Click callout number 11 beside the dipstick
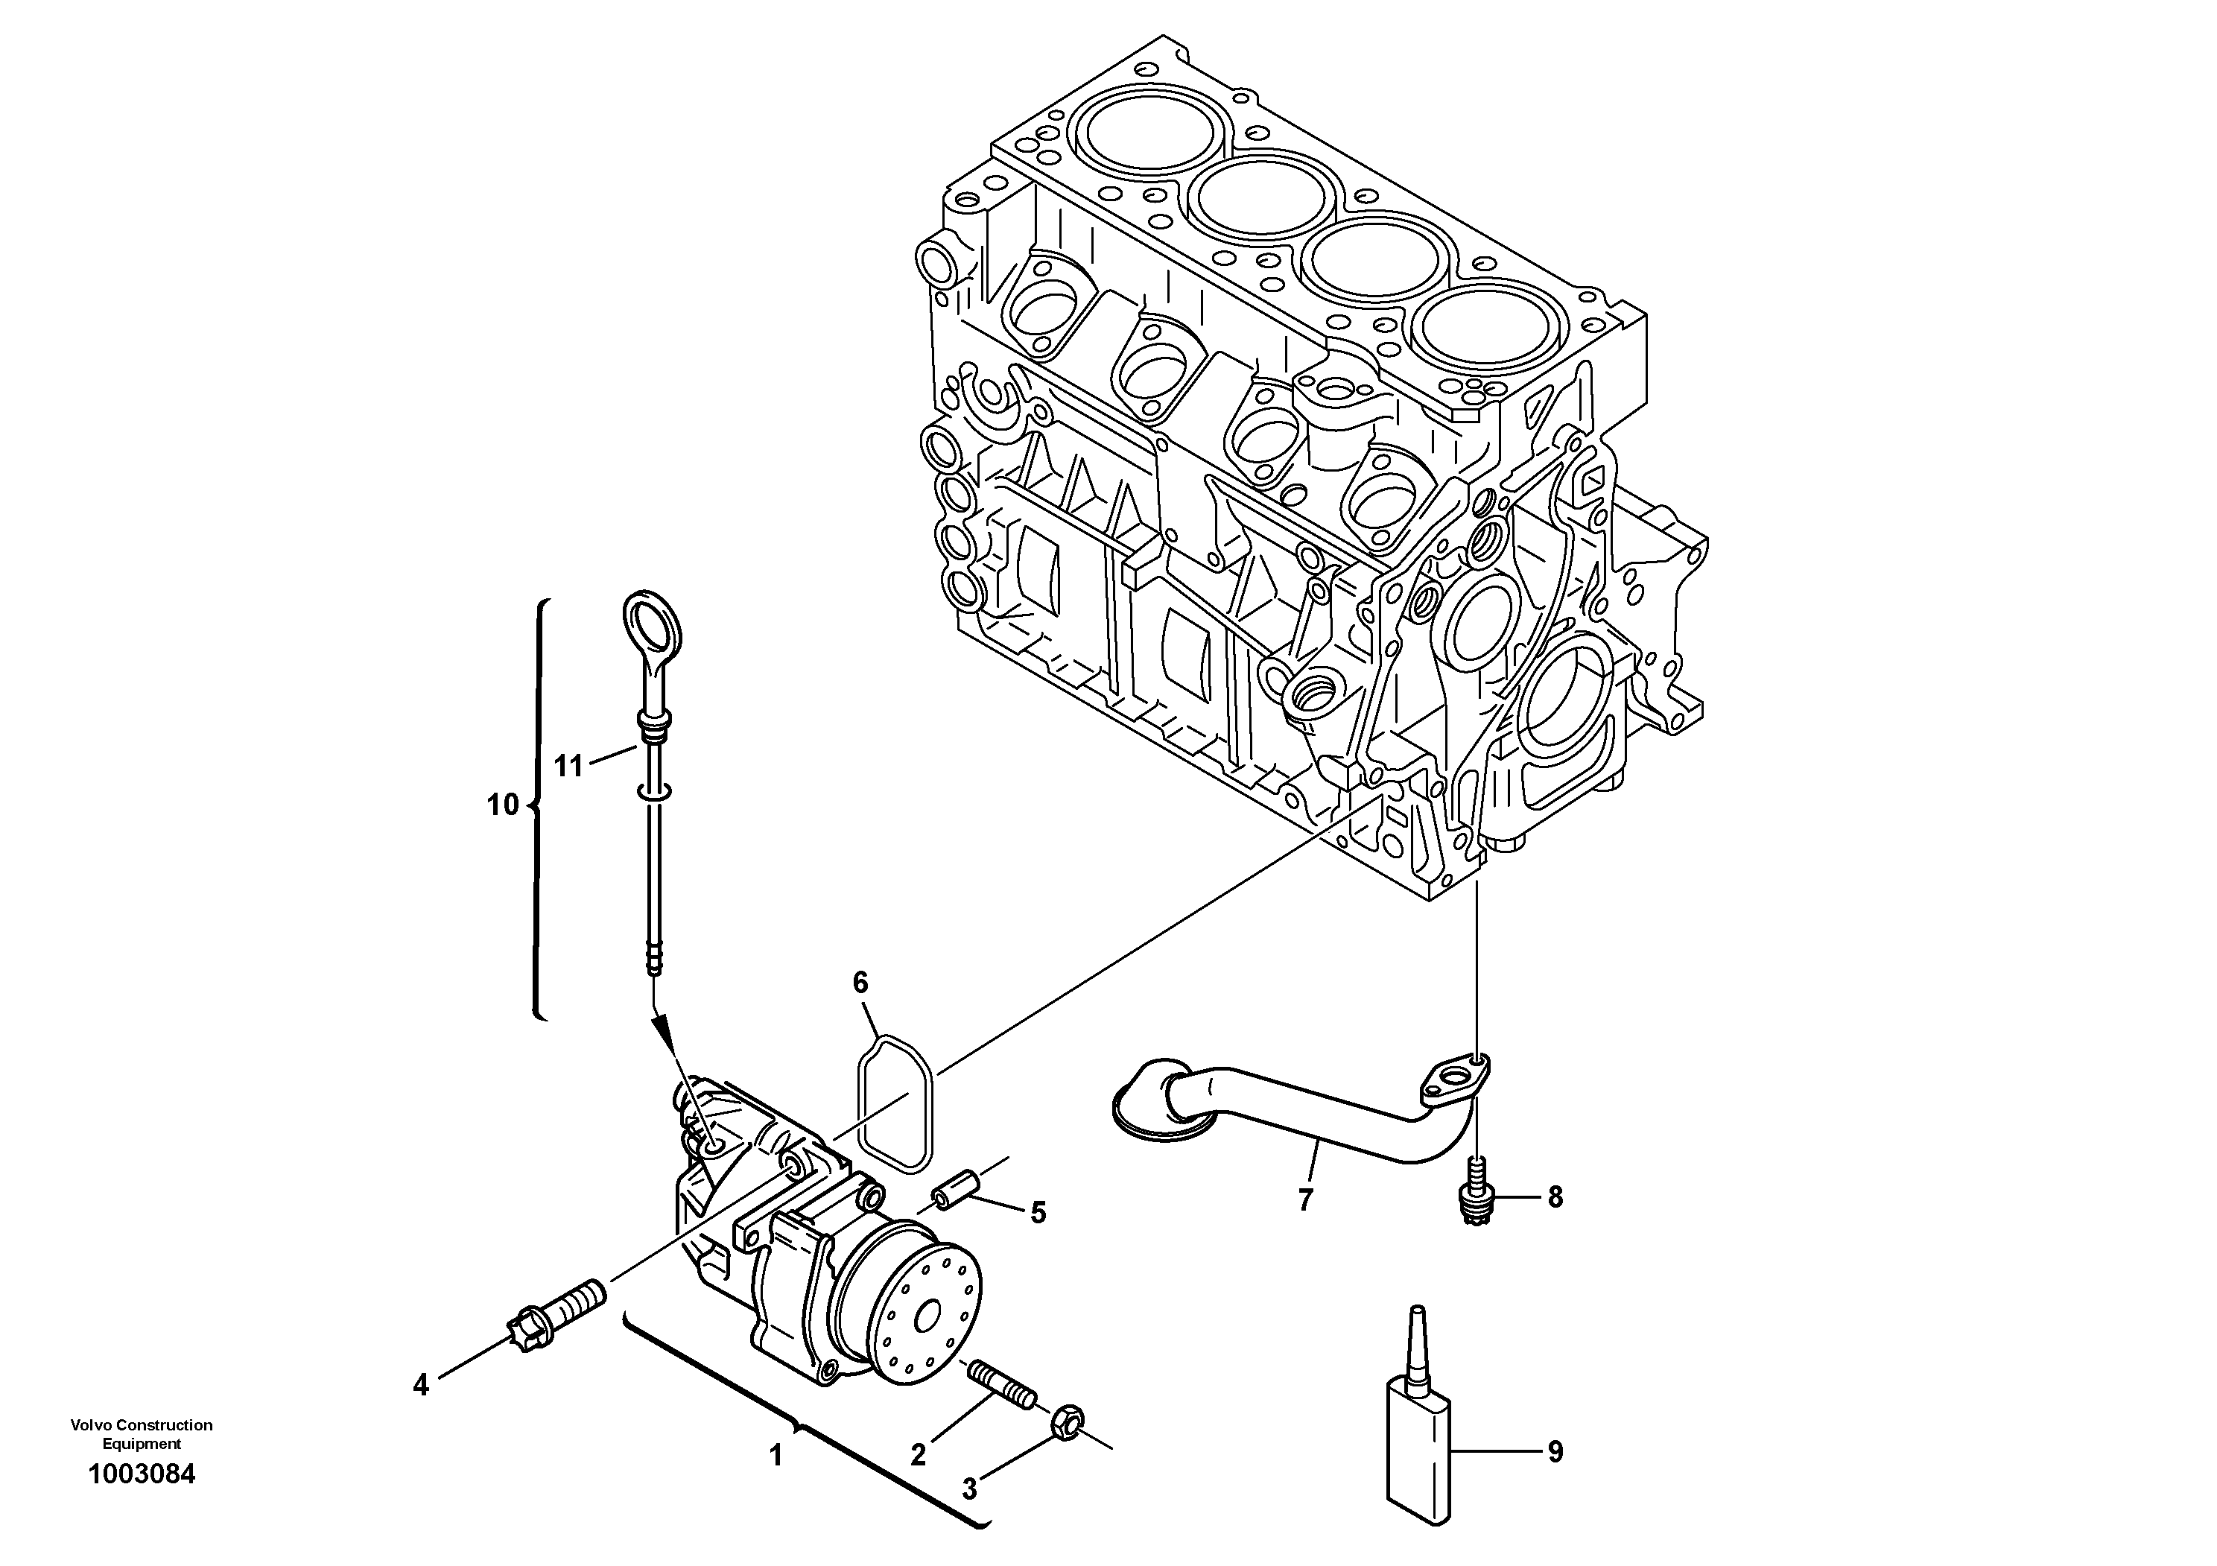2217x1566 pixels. [568, 766]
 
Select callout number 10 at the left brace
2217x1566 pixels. [502, 805]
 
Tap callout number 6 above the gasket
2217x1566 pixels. [860, 983]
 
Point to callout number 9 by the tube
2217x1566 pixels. [1555, 1452]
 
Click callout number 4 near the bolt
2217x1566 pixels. [420, 1386]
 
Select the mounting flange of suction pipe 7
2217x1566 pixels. [1455, 1080]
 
